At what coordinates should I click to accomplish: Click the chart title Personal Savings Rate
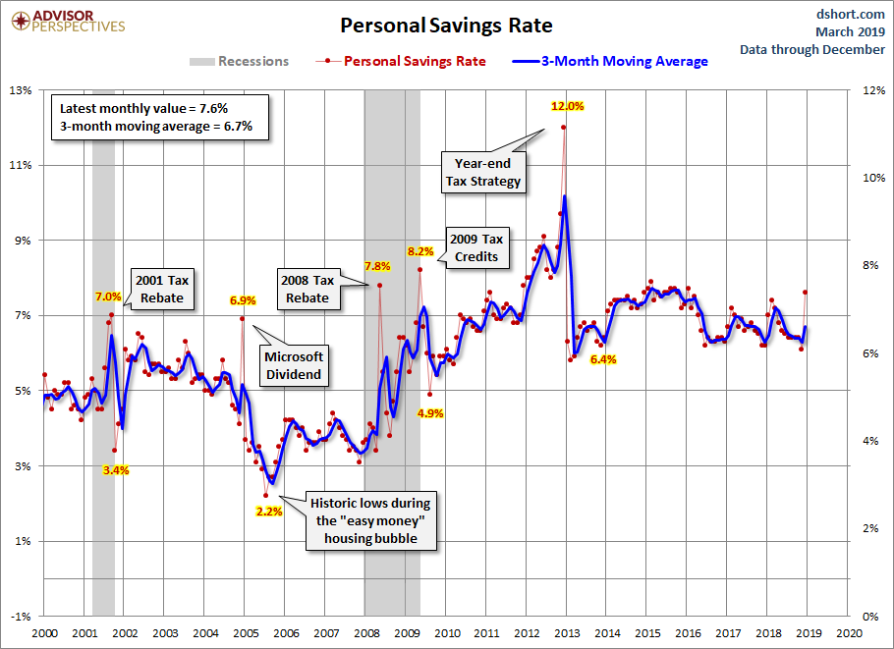click(446, 25)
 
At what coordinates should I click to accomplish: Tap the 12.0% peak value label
click(567, 106)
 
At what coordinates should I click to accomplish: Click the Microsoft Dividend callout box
click(294, 365)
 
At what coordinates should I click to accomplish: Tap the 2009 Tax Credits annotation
click(476, 247)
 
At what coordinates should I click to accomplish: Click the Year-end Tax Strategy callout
click(488, 172)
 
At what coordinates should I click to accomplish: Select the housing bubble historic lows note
click(370, 520)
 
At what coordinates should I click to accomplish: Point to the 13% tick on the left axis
click(22, 90)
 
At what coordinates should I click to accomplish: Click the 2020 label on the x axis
click(849, 633)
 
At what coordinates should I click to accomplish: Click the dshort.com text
click(851, 14)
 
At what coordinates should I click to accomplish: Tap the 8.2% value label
click(420, 252)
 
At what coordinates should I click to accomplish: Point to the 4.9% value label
click(430, 413)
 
